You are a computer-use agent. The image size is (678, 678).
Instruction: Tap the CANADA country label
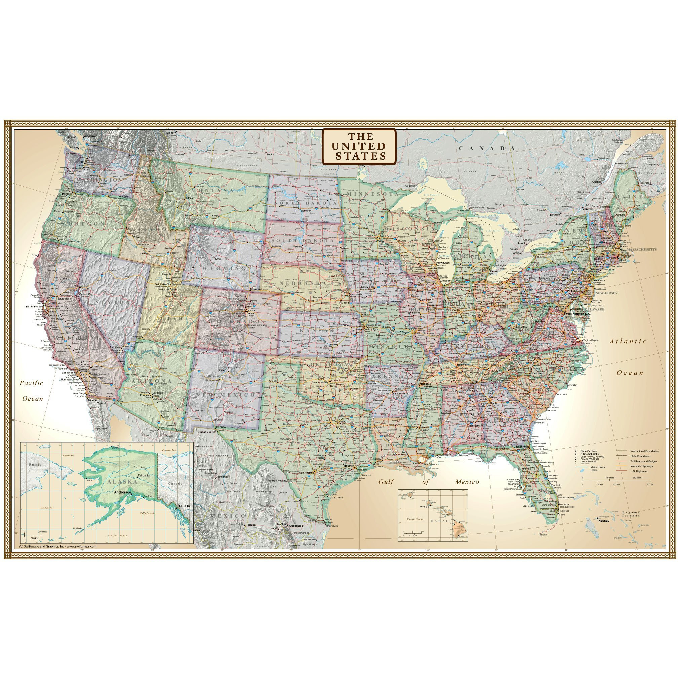488,149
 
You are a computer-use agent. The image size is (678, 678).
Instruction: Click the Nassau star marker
598,518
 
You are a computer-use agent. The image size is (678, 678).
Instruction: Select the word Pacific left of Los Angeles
31,383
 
